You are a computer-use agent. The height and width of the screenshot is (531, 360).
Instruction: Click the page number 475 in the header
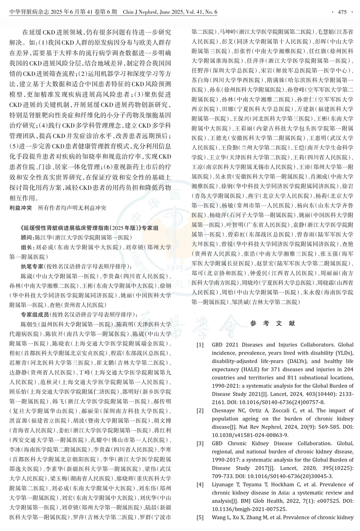point(342,12)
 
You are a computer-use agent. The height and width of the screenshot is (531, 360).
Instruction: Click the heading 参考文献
point(273,323)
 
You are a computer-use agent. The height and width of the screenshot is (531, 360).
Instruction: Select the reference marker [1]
point(200,344)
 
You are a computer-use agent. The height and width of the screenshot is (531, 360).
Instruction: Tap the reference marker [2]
point(200,410)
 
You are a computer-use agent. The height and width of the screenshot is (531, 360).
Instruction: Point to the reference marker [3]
point(200,444)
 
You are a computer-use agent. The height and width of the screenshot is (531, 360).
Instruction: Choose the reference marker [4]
point(200,485)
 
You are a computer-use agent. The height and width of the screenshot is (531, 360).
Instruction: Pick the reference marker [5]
point(200,518)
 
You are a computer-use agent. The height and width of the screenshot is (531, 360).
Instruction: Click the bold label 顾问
point(27,237)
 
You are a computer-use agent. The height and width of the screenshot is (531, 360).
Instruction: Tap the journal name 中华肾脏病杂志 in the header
point(27,12)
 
